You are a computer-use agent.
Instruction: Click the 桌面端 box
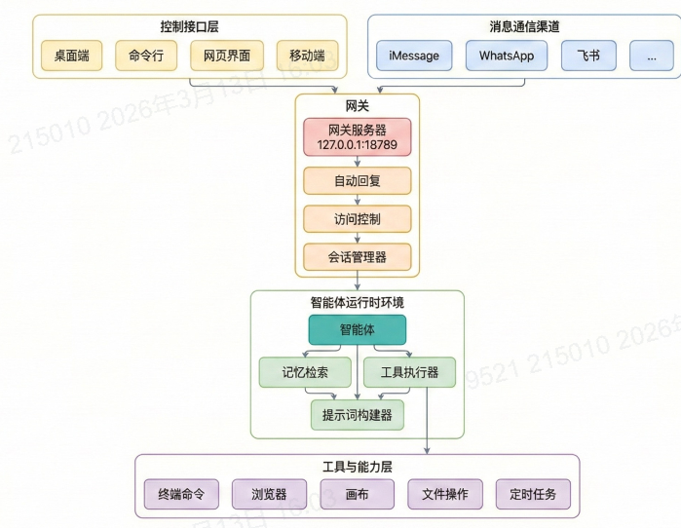pyautogui.click(x=71, y=56)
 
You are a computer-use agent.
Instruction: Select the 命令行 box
pyautogui.click(x=146, y=56)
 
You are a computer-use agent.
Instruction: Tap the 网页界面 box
pyautogui.click(x=225, y=56)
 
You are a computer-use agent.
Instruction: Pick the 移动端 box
pyautogui.click(x=307, y=56)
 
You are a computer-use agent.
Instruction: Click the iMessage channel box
pyautogui.click(x=414, y=56)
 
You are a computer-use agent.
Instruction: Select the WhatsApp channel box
pyautogui.click(x=507, y=56)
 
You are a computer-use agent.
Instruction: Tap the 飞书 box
pyautogui.click(x=588, y=56)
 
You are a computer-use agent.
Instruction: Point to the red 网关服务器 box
pyautogui.click(x=357, y=137)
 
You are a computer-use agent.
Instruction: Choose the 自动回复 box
pyautogui.click(x=357, y=181)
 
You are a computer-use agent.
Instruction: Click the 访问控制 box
pyautogui.click(x=357, y=219)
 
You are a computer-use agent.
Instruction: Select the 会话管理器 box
pyautogui.click(x=357, y=257)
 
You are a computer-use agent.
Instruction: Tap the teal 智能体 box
pyautogui.click(x=357, y=329)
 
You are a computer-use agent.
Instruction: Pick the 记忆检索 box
pyautogui.click(x=305, y=372)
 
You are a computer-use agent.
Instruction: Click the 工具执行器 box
pyautogui.click(x=408, y=372)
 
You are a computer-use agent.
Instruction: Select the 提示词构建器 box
pyautogui.click(x=357, y=415)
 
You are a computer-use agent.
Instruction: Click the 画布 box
pyautogui.click(x=357, y=494)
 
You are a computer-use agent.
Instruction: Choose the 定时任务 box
pyautogui.click(x=532, y=494)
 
